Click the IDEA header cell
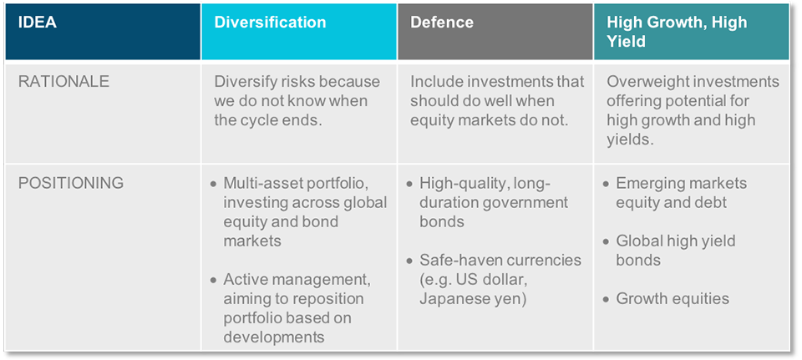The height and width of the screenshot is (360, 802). click(x=103, y=32)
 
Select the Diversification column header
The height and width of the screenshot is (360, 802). click(x=299, y=32)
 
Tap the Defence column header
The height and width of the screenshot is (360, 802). click(x=495, y=32)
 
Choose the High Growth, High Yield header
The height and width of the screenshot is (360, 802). click(x=692, y=32)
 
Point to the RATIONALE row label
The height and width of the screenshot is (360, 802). click(x=64, y=82)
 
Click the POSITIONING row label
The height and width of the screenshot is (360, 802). click(x=71, y=183)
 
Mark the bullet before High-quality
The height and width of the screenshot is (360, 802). click(x=409, y=184)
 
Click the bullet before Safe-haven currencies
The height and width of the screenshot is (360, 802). click(x=409, y=261)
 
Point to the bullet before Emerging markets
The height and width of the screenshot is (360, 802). click(x=607, y=184)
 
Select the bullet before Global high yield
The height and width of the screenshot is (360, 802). click(x=607, y=241)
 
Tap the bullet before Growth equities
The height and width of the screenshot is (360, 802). click(x=607, y=299)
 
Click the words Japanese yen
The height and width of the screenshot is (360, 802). click(x=470, y=299)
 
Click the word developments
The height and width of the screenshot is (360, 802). click(x=274, y=337)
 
